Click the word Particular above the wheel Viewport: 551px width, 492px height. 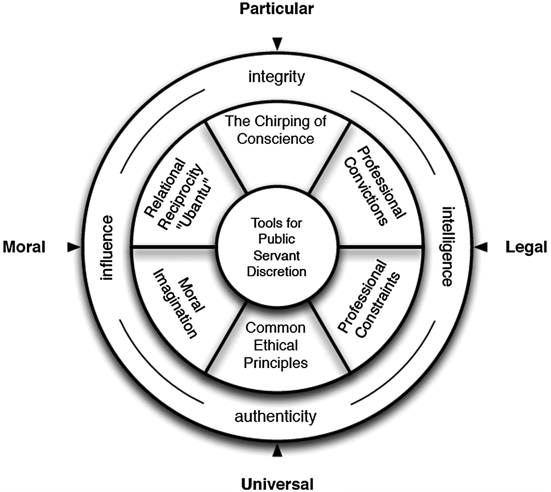coord(276,9)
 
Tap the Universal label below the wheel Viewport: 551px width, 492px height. coord(277,484)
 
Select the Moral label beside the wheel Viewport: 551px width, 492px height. coord(24,247)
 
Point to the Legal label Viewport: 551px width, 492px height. coord(526,248)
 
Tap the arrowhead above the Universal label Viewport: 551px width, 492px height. coord(277,451)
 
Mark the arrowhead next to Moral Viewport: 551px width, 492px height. coord(73,247)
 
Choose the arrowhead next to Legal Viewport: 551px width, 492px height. coord(481,247)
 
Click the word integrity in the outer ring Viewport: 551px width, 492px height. coord(276,77)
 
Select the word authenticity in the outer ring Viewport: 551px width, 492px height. coord(275,417)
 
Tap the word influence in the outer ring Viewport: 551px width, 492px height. coord(107,248)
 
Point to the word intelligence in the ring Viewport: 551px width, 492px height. coord(447,246)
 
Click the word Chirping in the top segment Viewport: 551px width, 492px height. coord(279,122)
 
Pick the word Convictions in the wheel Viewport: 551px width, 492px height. coord(367,192)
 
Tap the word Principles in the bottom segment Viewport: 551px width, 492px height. coord(276,363)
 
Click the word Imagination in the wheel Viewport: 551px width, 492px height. coord(174,303)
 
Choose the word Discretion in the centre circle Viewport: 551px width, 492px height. coord(276,272)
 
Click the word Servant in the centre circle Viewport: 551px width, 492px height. coord(276,255)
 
